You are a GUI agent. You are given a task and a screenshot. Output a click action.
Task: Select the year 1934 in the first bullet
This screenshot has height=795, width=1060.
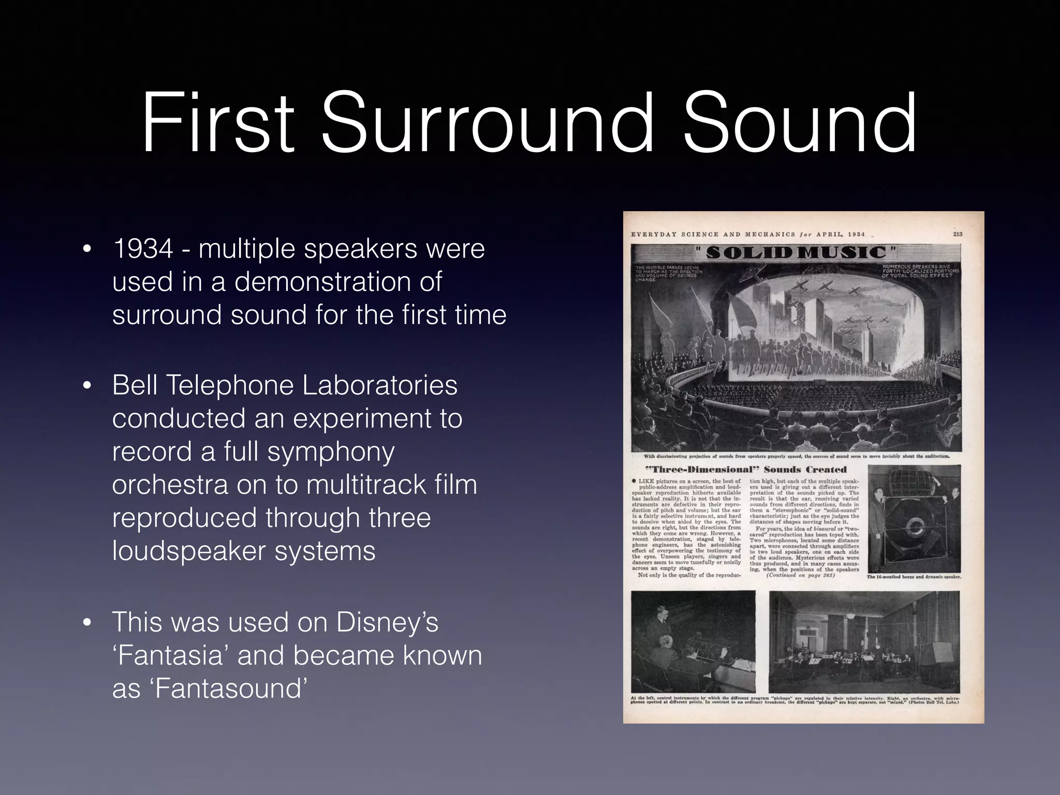click(143, 249)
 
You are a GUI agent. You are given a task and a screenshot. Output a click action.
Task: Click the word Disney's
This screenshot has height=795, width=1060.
click(387, 622)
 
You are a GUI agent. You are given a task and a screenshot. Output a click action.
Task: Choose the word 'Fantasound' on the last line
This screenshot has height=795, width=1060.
click(228, 688)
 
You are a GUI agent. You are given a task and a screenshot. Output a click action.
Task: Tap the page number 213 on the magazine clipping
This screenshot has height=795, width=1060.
click(958, 234)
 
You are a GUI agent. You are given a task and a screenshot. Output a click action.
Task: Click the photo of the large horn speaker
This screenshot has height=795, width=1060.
click(914, 518)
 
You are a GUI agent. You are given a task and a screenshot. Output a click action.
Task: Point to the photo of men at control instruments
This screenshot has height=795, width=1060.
click(693, 641)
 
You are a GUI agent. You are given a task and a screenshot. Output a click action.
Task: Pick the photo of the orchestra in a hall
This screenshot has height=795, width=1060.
click(864, 641)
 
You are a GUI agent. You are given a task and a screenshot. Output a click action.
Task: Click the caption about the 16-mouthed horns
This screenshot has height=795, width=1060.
click(914, 577)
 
